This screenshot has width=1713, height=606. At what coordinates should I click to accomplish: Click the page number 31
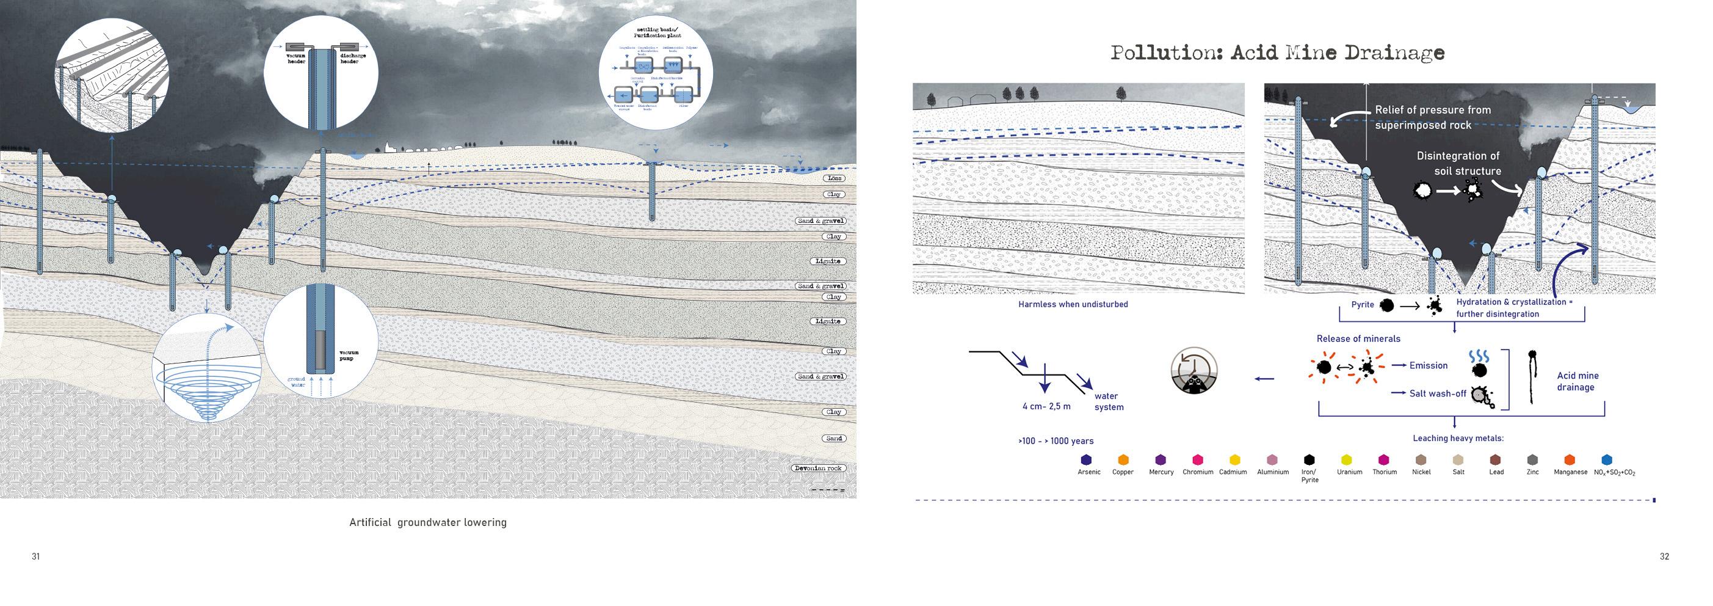[x=36, y=556]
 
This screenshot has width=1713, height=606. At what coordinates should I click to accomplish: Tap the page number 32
[x=1664, y=556]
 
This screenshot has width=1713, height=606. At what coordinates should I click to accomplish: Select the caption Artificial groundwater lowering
[x=427, y=522]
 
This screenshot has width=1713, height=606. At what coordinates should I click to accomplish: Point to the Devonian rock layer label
[x=819, y=468]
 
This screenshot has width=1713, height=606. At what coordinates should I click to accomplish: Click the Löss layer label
[x=834, y=178]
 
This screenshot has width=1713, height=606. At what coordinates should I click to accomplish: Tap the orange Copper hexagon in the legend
[x=1123, y=459]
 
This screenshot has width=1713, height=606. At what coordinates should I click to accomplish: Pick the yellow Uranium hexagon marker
[x=1347, y=459]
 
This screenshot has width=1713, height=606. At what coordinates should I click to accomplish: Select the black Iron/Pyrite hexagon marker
[x=1309, y=459]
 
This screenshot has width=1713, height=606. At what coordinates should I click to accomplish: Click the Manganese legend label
[x=1571, y=472]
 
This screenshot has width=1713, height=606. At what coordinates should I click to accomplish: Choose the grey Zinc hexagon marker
[x=1533, y=459]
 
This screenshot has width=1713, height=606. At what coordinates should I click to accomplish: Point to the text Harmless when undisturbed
[x=1073, y=304]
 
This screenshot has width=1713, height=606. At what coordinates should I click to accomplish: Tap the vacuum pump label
[x=349, y=355]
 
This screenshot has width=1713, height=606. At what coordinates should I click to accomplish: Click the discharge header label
[x=352, y=59]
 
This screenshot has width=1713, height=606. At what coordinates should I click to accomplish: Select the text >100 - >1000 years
[x=1056, y=440]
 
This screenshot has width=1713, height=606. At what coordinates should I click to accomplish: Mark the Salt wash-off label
[x=1437, y=393]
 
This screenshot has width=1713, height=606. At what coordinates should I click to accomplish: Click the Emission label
[x=1428, y=365]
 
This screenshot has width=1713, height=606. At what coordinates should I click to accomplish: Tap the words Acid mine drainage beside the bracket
[x=1577, y=381]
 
